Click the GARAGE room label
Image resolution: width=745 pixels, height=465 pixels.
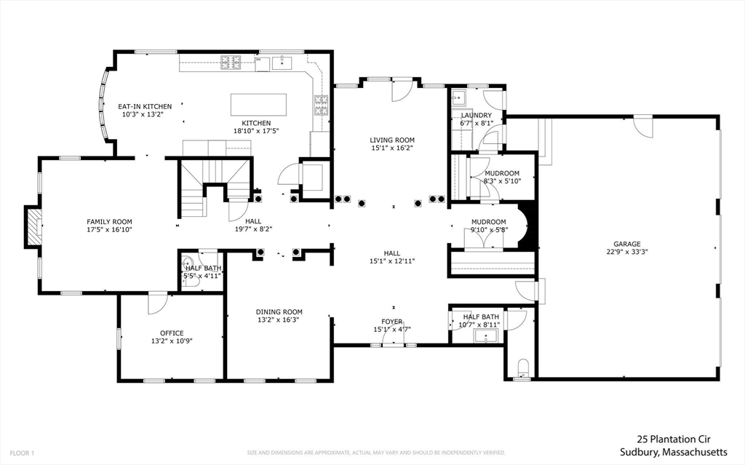626,244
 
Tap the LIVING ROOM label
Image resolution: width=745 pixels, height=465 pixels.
392,140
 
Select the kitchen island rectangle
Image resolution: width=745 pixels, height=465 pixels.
259,104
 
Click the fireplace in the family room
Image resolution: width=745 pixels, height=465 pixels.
33,226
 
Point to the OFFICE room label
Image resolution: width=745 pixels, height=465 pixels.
172,333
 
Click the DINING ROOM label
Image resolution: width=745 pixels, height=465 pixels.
279,311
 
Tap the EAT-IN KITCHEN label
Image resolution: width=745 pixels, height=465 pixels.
145,107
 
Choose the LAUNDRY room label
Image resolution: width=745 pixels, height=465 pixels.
476,115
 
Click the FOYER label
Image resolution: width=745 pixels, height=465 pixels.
392,321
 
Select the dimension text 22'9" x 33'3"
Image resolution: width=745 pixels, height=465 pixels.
626,253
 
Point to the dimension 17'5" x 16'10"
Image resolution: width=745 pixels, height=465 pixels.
109,230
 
